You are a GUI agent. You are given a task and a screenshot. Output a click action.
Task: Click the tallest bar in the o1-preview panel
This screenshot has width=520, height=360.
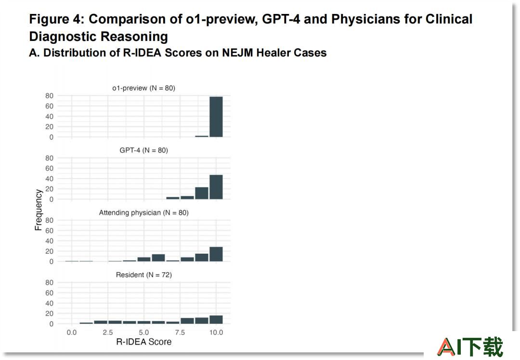[x=216, y=116]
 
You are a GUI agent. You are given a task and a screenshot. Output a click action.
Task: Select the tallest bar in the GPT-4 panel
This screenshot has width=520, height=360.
[x=216, y=187]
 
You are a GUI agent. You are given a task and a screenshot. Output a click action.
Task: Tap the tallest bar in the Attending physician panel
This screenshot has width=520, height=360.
[x=216, y=254]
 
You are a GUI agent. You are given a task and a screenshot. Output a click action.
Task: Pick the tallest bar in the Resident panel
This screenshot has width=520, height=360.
[x=216, y=320]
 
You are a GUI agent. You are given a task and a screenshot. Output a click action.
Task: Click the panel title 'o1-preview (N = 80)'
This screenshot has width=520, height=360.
[x=143, y=88]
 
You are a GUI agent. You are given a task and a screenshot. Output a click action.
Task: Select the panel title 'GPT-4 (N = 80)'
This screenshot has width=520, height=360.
[x=143, y=150]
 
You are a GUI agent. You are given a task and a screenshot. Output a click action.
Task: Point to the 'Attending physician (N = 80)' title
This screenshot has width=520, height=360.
[x=143, y=212]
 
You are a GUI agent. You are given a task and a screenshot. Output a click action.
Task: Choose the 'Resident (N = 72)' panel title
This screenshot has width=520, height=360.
[x=143, y=275]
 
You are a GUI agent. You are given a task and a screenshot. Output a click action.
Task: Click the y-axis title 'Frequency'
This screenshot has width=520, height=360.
[x=39, y=210]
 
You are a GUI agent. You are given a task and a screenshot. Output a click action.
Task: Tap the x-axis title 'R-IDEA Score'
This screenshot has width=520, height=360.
[x=143, y=342]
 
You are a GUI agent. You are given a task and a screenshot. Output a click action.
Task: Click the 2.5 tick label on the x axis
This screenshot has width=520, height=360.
[x=107, y=333]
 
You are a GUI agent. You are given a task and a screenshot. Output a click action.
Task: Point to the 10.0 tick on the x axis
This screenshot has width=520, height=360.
[x=216, y=333]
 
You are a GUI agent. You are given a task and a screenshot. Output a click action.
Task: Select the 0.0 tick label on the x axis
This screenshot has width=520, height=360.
[x=71, y=333]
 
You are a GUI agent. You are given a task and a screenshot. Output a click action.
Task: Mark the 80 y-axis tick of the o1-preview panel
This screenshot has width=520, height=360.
[x=49, y=96]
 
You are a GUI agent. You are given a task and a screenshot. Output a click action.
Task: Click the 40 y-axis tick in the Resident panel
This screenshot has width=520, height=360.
[x=49, y=303]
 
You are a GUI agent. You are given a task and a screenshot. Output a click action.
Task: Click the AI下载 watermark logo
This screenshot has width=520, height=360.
[x=470, y=347]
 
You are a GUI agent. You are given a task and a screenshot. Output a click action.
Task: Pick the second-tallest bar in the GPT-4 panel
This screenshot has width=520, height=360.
[x=202, y=193]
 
